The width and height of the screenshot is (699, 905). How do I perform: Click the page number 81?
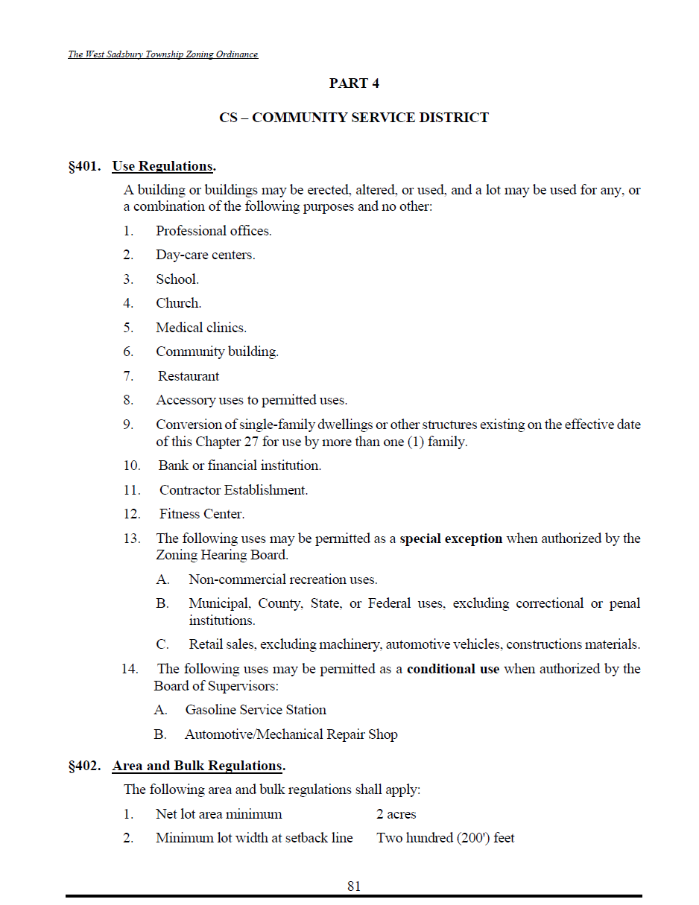click(x=354, y=886)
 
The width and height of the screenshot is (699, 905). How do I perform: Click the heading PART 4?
click(x=354, y=83)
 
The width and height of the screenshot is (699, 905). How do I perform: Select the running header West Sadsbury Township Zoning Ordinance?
click(x=163, y=54)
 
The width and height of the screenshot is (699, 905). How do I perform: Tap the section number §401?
click(x=84, y=165)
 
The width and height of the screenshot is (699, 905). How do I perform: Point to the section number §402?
click(x=84, y=766)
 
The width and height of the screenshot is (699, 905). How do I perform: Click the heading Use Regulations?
click(x=163, y=165)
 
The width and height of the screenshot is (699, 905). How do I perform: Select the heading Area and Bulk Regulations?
click(x=198, y=766)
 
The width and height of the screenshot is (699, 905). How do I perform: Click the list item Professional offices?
click(x=213, y=231)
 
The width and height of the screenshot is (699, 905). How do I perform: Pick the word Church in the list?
click(x=178, y=303)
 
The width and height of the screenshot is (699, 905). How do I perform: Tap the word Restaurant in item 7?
click(x=189, y=376)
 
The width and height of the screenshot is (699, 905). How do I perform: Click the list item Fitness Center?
click(x=202, y=514)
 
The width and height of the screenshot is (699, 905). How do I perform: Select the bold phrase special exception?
click(x=451, y=539)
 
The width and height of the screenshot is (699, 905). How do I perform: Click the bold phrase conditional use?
click(x=453, y=669)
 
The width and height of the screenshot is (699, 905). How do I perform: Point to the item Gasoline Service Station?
click(x=256, y=710)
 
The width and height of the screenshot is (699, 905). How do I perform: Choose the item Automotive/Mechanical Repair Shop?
click(x=291, y=734)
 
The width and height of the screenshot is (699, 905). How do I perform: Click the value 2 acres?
click(x=396, y=814)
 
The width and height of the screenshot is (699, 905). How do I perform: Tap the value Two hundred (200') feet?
click(x=446, y=838)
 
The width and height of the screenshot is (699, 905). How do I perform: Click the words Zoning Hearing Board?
click(x=221, y=555)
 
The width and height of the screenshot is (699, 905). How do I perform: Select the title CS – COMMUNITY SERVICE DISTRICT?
click(x=354, y=118)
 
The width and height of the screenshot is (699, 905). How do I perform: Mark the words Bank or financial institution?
click(x=239, y=466)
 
